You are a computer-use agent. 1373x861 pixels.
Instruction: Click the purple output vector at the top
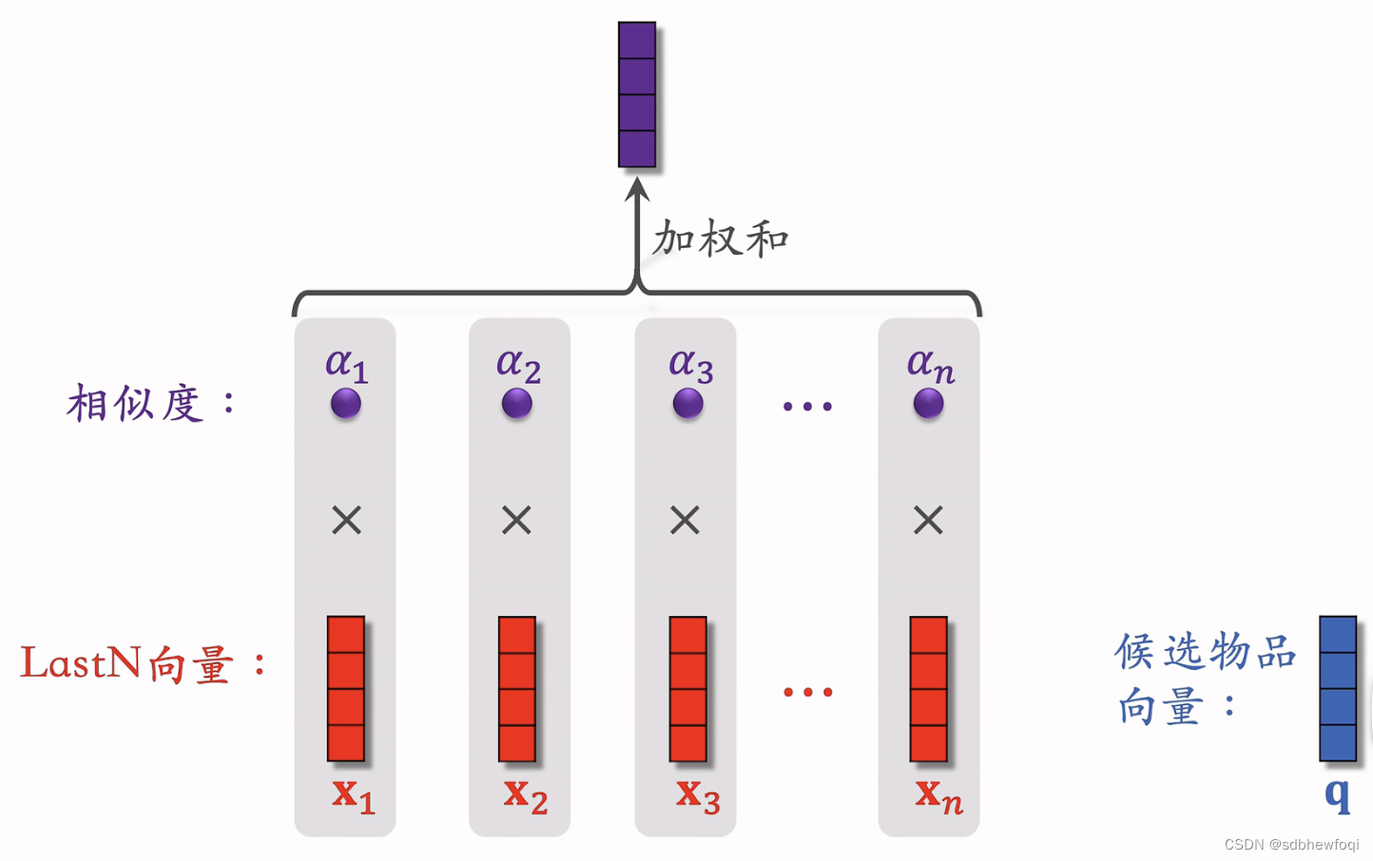(636, 95)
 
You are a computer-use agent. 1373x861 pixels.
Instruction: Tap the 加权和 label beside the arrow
(721, 239)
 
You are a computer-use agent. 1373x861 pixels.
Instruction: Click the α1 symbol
(346, 364)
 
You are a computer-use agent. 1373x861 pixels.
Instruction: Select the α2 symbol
(518, 365)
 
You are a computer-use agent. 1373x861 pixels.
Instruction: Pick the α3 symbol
(690, 365)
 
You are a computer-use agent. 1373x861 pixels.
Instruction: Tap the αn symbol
(930, 365)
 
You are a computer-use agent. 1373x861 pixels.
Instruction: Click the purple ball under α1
(346, 404)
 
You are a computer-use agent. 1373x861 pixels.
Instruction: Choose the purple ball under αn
(929, 404)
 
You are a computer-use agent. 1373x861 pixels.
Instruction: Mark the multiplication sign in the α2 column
(516, 520)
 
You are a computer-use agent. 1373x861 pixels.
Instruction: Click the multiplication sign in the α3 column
(685, 520)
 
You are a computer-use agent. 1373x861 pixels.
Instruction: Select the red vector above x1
(346, 689)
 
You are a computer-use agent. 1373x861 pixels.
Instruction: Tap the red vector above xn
(928, 689)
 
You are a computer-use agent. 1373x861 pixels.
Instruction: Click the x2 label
(525, 794)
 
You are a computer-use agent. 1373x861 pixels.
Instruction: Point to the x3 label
(698, 794)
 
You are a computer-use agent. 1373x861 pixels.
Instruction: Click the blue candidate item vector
(1337, 689)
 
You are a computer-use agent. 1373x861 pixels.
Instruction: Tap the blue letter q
(1337, 794)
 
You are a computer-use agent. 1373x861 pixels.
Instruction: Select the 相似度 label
(136, 404)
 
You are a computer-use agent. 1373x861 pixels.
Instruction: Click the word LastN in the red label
(81, 663)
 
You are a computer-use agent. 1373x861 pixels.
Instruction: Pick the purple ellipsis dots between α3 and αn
(807, 407)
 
